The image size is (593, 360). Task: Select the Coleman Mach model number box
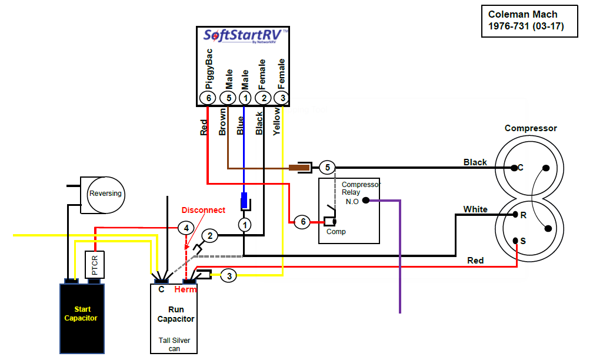click(x=529, y=21)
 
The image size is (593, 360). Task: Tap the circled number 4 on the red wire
click(x=186, y=228)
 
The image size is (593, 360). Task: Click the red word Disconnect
click(x=203, y=210)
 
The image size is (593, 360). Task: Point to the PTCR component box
click(x=95, y=265)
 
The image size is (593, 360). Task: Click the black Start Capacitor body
click(x=82, y=318)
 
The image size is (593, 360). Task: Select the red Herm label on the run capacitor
click(x=185, y=289)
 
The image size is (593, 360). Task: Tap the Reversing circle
click(x=105, y=194)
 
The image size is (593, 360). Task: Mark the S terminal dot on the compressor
click(x=515, y=241)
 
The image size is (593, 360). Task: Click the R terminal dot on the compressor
click(x=515, y=215)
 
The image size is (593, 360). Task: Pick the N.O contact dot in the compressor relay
click(x=366, y=201)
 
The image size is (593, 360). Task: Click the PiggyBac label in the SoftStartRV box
click(x=209, y=69)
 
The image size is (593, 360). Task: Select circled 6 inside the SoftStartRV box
click(x=208, y=98)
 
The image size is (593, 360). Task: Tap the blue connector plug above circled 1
click(x=244, y=201)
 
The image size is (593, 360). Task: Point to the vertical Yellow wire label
click(x=277, y=121)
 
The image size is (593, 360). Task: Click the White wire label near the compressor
click(x=475, y=209)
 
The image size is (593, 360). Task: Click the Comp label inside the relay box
click(x=336, y=231)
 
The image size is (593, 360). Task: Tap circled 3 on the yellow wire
click(x=229, y=276)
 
